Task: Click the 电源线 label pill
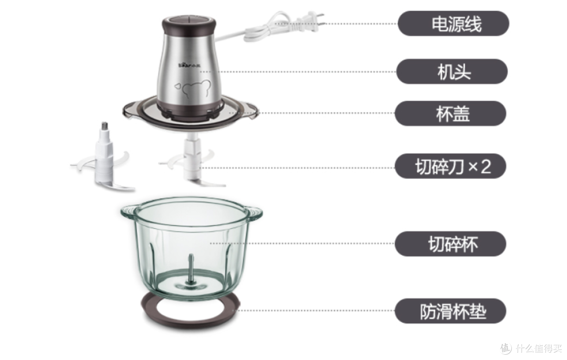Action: pos(453,24)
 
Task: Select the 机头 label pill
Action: pos(451,71)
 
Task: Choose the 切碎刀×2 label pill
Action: pos(451,166)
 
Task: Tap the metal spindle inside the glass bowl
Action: pos(191,268)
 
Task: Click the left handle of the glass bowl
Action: pos(129,211)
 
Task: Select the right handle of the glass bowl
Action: pos(254,211)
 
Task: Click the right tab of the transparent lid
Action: pos(251,109)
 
